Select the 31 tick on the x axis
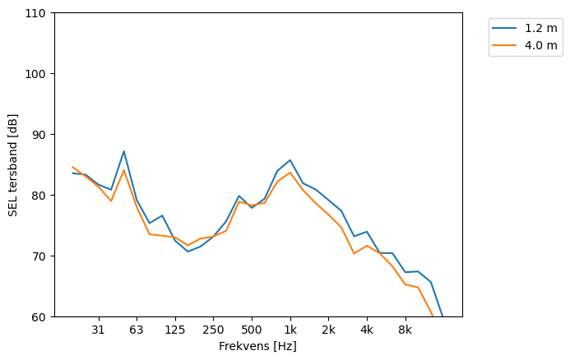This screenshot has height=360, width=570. pyautogui.click(x=98, y=330)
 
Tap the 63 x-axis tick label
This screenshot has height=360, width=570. pyautogui.click(x=137, y=330)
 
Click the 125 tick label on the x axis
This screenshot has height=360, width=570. pyautogui.click(x=174, y=330)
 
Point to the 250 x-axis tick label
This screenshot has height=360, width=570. pyautogui.click(x=213, y=330)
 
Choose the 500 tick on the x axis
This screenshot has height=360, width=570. pyautogui.click(x=252, y=330)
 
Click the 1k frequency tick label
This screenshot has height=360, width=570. pyautogui.click(x=290, y=330)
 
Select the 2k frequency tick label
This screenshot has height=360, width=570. pyautogui.click(x=328, y=330)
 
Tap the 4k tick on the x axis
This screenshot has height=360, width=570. pyautogui.click(x=367, y=330)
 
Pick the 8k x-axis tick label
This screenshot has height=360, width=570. pyautogui.click(x=405, y=330)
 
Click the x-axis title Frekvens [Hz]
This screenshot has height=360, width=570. pyautogui.click(x=257, y=347)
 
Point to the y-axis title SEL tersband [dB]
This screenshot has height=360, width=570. pyautogui.click(x=12, y=164)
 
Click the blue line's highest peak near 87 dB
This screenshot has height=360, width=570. pyautogui.click(x=123, y=151)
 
